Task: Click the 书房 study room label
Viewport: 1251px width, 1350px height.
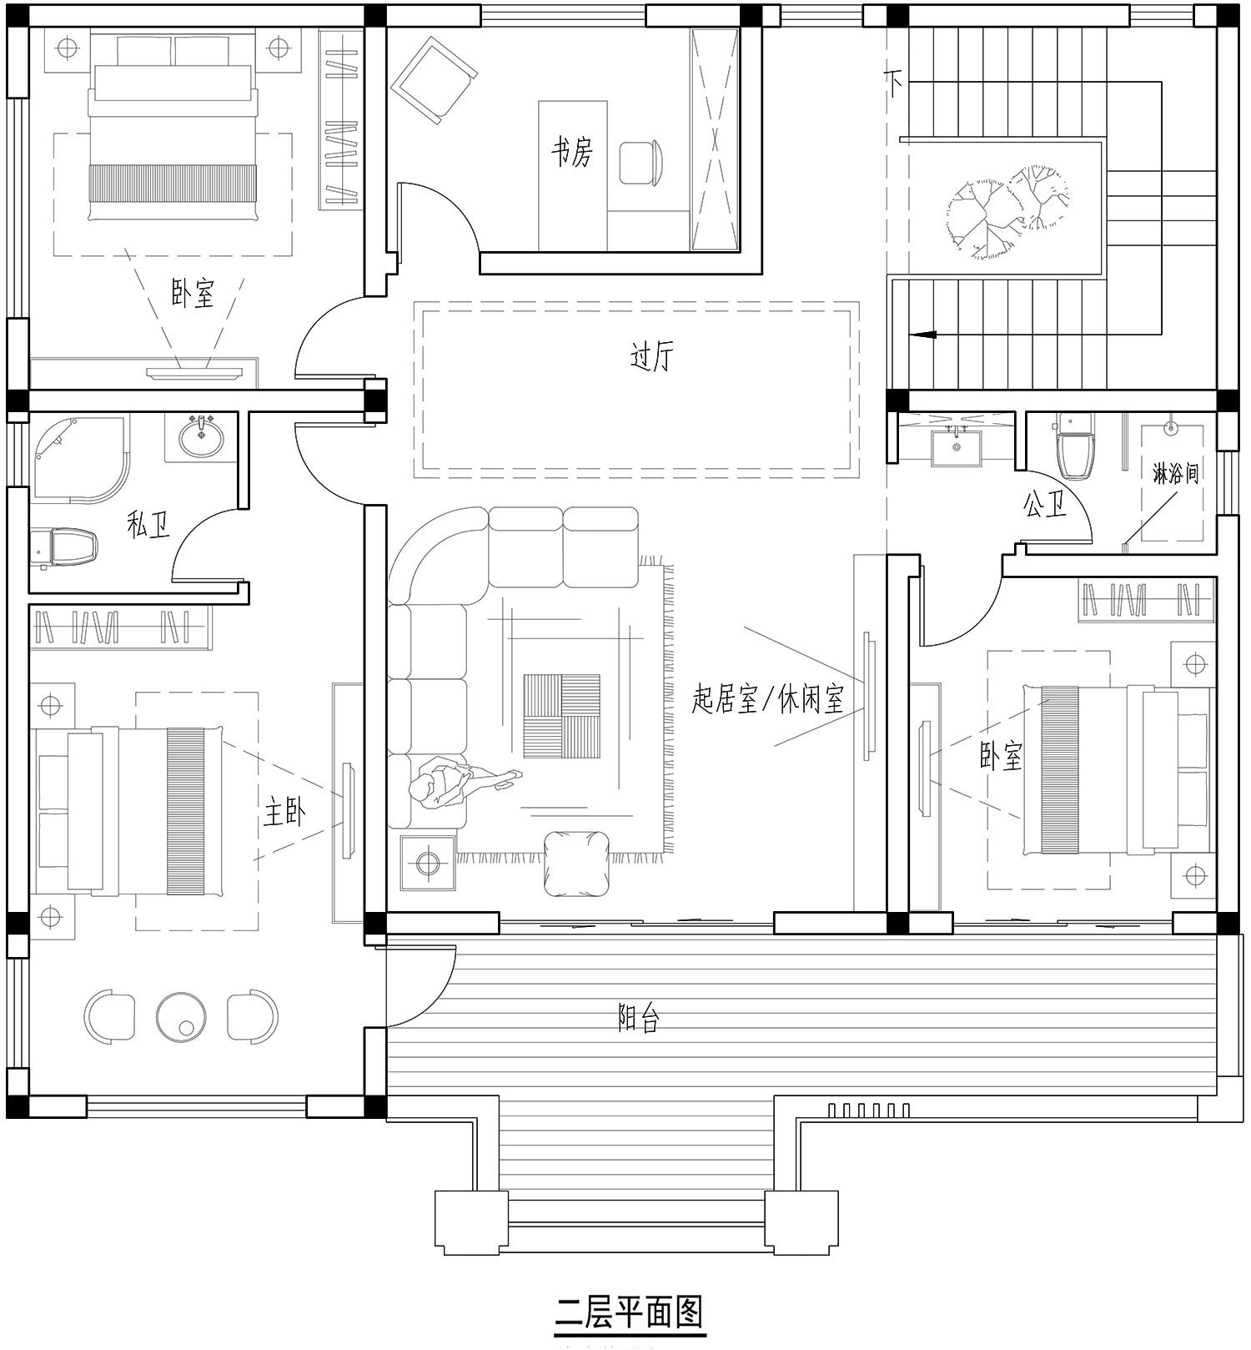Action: [571, 152]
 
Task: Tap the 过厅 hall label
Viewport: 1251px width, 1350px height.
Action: [651, 357]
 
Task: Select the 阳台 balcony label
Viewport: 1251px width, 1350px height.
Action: [640, 1017]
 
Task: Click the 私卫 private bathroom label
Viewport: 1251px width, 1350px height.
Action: [148, 525]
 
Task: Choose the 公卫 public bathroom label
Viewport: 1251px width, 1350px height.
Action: [1045, 503]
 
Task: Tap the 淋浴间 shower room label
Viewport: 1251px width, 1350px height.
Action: [1175, 474]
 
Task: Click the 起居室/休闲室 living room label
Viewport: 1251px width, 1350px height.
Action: [768, 698]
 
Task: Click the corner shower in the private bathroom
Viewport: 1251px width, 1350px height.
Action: [79, 460]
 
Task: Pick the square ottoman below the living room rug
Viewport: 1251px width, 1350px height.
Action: [577, 864]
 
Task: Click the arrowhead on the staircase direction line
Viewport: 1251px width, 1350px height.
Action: [922, 335]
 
